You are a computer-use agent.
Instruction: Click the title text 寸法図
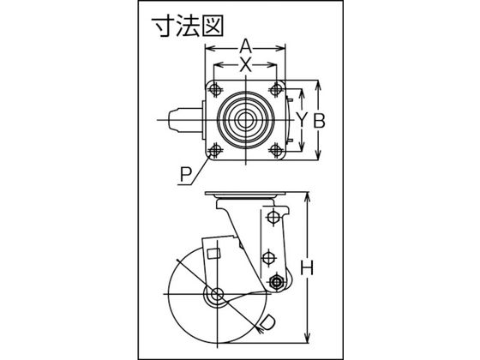(188, 27)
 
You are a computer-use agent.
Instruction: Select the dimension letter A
(245, 47)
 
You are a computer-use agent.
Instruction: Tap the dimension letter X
(245, 64)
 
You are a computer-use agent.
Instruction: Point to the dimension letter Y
(302, 120)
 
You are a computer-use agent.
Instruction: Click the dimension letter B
(319, 121)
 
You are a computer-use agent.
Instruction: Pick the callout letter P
(185, 176)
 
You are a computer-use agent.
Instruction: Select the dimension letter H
(307, 267)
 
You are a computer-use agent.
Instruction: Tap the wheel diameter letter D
(267, 322)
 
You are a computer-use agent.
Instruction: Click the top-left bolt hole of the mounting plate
(214, 90)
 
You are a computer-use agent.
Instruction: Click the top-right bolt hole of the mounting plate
(276, 90)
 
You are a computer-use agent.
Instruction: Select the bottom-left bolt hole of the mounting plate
(214, 150)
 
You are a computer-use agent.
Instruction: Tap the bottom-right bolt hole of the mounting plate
(276, 150)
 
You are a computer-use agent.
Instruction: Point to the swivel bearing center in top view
(245, 120)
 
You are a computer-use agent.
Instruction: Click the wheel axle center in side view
(217, 294)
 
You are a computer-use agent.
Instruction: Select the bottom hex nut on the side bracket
(276, 281)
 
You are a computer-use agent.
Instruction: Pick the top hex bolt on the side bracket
(273, 218)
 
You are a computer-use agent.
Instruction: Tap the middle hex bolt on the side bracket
(268, 256)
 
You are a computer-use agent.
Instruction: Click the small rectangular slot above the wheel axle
(213, 254)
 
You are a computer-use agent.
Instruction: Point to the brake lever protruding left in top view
(185, 120)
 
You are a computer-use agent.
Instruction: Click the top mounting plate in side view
(245, 195)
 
